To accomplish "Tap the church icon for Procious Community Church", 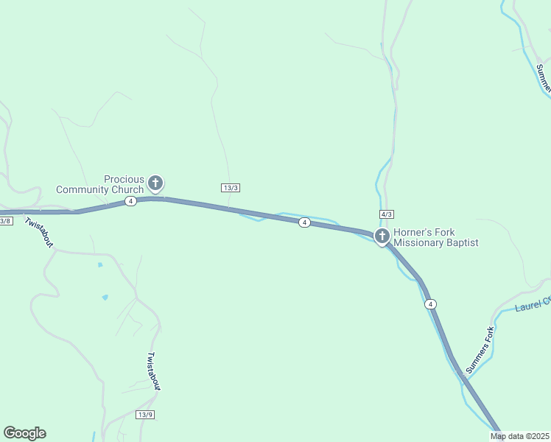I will point(155,183).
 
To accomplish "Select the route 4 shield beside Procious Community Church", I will point(130,201).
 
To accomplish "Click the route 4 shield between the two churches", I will point(303,222).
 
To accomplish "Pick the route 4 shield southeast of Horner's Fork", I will point(431,304).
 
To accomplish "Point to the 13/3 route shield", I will point(231,188).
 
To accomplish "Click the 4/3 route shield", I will point(387,214).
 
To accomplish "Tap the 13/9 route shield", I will point(145,415).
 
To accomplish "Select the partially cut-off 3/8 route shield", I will point(5,220).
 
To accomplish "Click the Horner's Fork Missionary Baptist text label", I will point(436,236).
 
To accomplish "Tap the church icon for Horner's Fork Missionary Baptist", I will point(382,236).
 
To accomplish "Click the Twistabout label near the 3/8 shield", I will point(39,232).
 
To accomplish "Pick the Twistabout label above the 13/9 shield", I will point(153,371).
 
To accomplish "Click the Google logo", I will point(24,433).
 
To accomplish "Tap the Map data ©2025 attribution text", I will point(519,436).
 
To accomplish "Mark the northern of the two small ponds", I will point(100,264).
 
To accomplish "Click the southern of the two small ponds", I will point(105,297).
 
